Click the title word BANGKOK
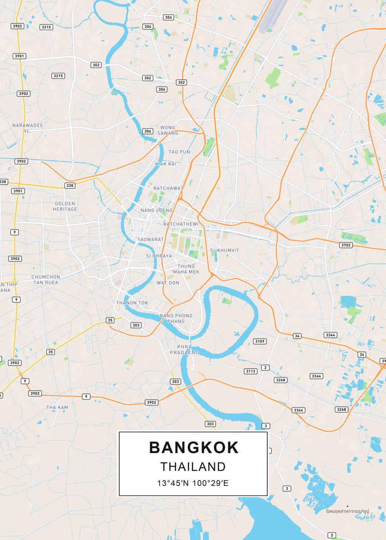point(194,447)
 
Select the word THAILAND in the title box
point(193,467)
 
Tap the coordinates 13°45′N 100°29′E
point(193,484)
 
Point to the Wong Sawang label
point(168,130)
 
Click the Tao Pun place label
point(179,152)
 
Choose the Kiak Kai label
point(165,164)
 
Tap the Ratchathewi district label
point(181,224)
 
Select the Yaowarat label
point(150,239)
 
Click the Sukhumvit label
point(224,250)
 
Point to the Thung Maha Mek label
point(186,269)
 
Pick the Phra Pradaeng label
point(184,350)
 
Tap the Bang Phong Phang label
point(176,318)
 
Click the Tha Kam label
point(57,407)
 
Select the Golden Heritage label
point(65,206)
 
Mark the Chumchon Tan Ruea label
point(45,279)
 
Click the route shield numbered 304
point(168,17)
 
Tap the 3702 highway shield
point(346,245)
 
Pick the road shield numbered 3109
point(260,341)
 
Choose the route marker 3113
point(250,371)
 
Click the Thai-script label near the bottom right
point(347,511)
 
